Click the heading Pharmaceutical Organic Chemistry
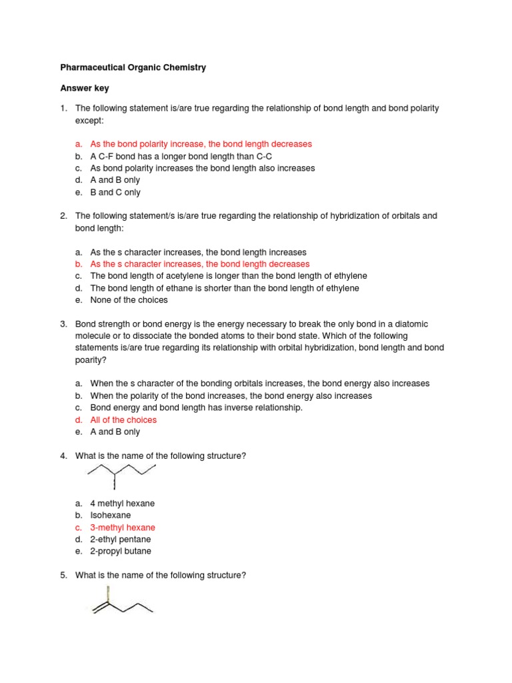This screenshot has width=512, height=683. point(133,67)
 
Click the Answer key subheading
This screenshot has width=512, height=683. point(85,88)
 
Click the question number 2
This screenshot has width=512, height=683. point(64,216)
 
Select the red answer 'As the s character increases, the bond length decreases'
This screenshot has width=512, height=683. point(199,264)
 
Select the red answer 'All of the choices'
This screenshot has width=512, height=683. point(123,420)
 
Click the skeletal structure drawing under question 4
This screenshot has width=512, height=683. point(122,476)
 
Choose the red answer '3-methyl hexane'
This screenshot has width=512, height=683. point(123,527)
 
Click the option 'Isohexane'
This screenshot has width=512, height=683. point(111,515)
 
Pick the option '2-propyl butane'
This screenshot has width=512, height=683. point(121,551)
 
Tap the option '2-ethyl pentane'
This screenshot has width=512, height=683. point(121,539)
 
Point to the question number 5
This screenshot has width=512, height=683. point(64,575)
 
